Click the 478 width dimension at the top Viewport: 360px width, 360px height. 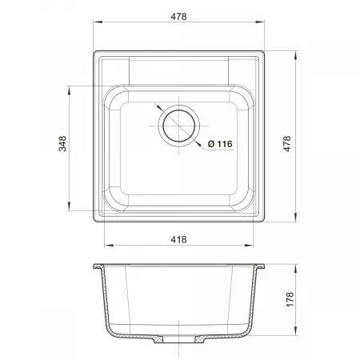pyautogui.click(x=178, y=17)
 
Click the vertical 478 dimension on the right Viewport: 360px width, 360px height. pyautogui.click(x=287, y=144)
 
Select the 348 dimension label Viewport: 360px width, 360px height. pyautogui.click(x=62, y=144)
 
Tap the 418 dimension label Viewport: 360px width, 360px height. pyautogui.click(x=178, y=239)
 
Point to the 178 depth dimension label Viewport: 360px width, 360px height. pyautogui.click(x=290, y=299)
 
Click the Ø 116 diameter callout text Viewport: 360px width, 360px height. pyautogui.click(x=220, y=144)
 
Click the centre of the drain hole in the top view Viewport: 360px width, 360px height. pyautogui.click(x=178, y=126)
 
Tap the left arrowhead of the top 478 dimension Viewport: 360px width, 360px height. pyautogui.click(x=98, y=22)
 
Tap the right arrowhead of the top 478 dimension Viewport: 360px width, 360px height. pyautogui.click(x=260, y=22)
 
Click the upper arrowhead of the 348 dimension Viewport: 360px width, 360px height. pyautogui.click(x=69, y=90)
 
